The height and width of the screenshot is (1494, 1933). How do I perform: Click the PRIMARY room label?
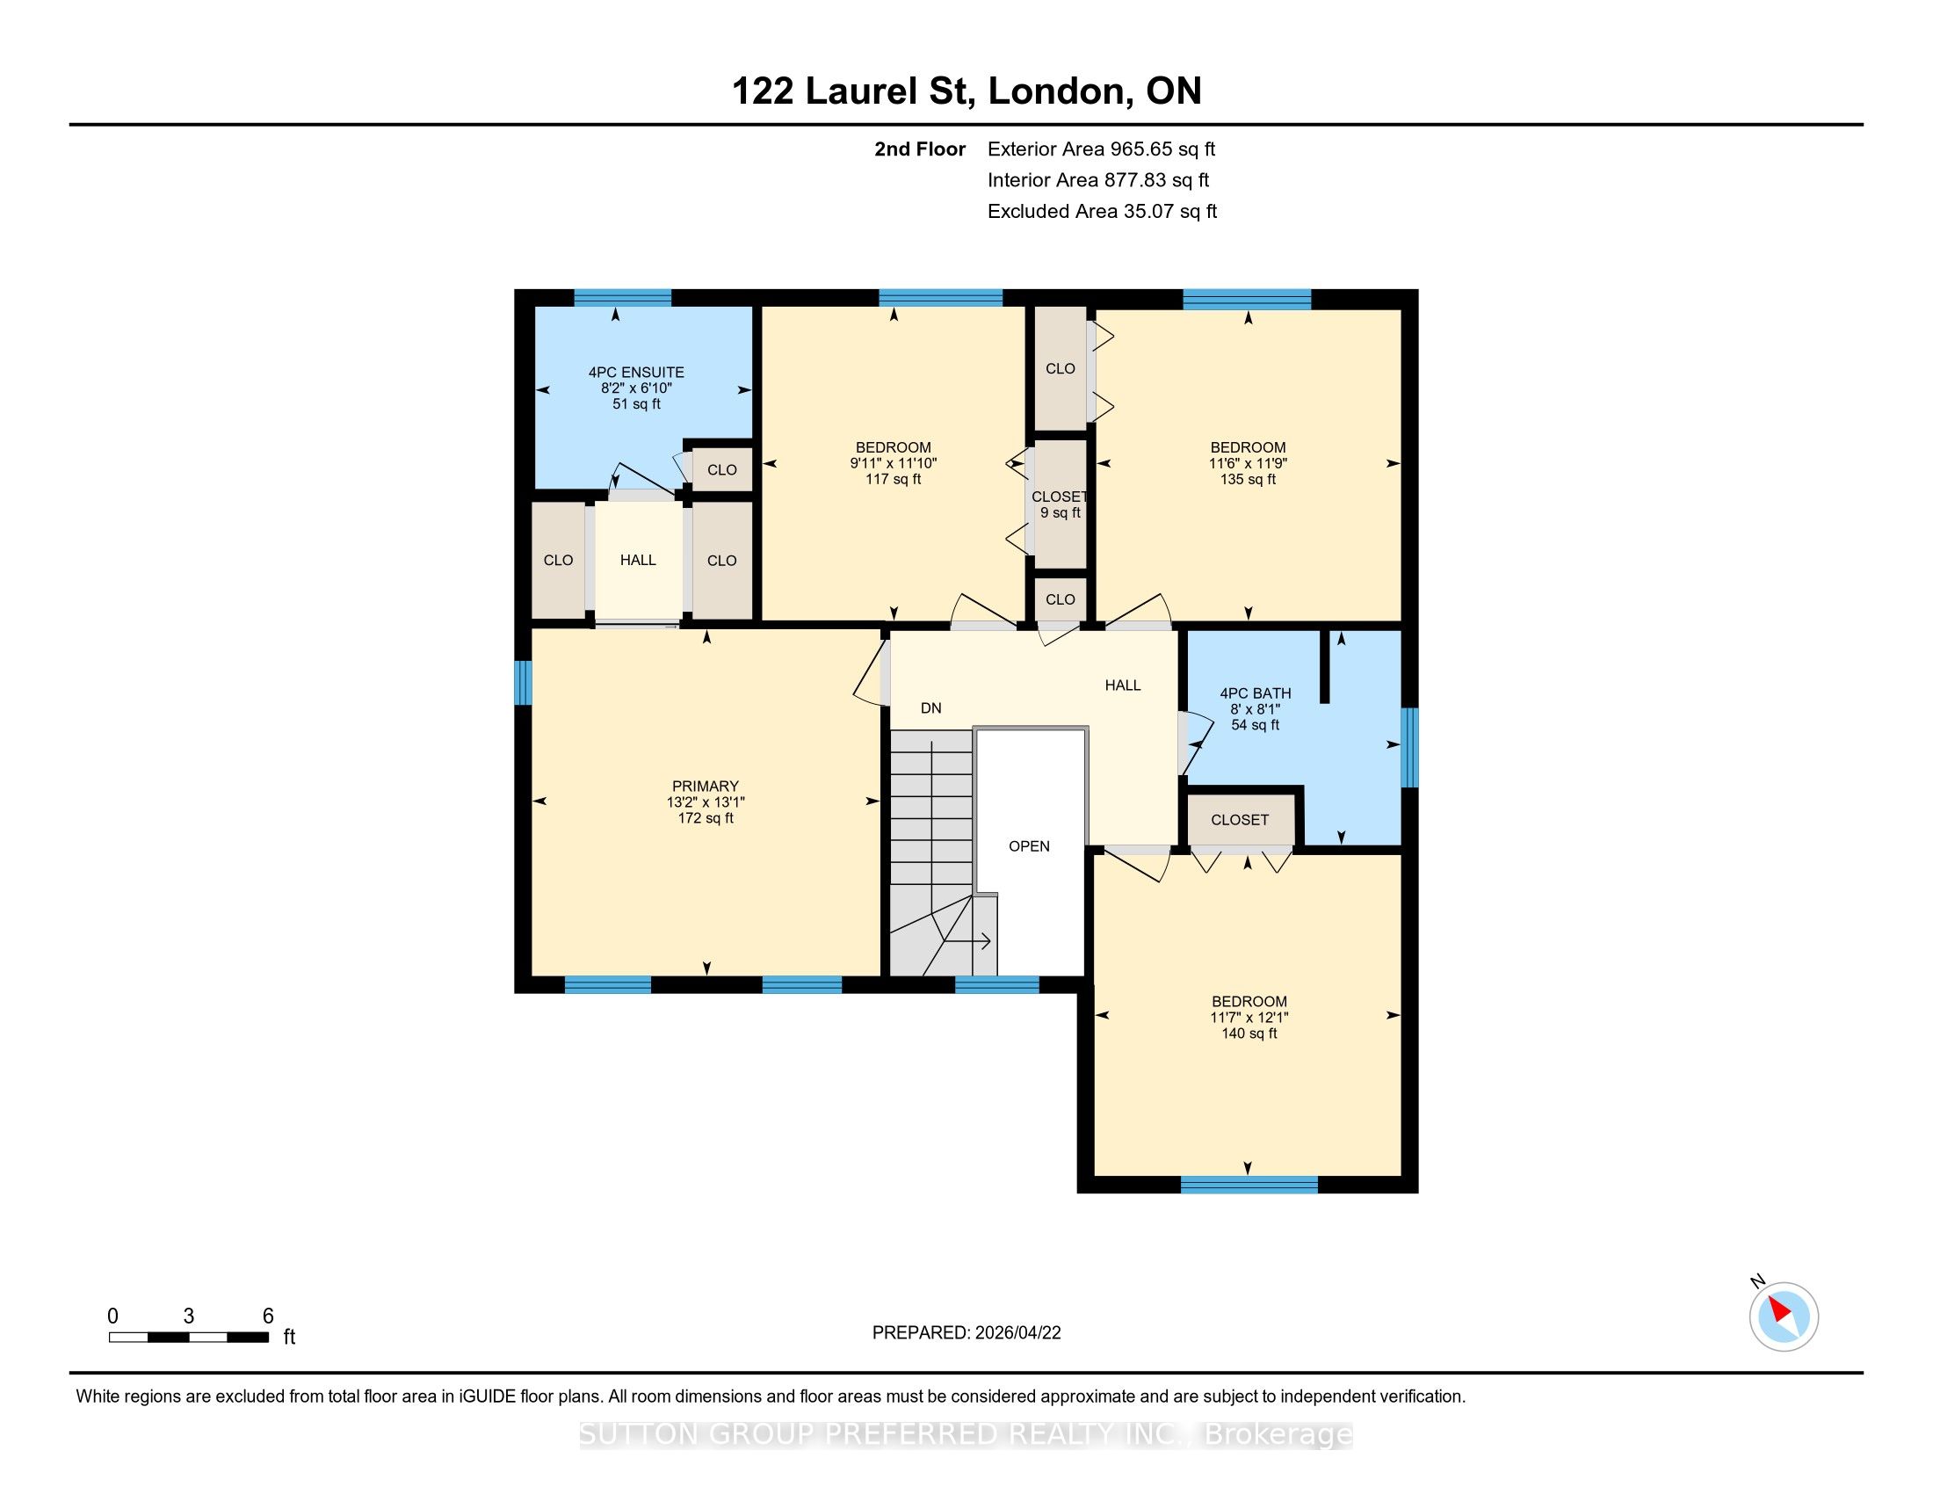705,786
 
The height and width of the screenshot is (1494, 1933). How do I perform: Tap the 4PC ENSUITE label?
636,373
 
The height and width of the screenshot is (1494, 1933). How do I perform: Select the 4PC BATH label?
1255,694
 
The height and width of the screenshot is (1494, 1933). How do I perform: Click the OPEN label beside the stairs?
1030,846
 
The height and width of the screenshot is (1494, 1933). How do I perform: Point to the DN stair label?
931,708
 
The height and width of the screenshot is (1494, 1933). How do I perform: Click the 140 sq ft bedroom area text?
1249,1033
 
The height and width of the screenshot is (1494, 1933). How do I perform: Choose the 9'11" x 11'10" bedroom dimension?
893,464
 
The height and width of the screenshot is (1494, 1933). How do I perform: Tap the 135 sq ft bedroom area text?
1248,480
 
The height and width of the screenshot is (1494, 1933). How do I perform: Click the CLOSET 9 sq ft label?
1060,504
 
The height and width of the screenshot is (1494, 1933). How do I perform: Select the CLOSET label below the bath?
1240,821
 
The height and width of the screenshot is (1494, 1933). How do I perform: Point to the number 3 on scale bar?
189,1316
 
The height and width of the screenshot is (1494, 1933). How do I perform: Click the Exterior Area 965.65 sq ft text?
1102,149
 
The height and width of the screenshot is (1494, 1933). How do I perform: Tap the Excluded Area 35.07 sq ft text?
1103,212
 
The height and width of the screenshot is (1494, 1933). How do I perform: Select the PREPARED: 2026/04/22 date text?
966,1333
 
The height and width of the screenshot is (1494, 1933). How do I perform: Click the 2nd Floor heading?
920,149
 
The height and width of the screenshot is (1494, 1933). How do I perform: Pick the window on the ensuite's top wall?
622,297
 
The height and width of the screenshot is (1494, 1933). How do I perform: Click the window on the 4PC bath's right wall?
1410,747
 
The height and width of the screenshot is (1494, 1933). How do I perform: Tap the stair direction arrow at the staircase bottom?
969,942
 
